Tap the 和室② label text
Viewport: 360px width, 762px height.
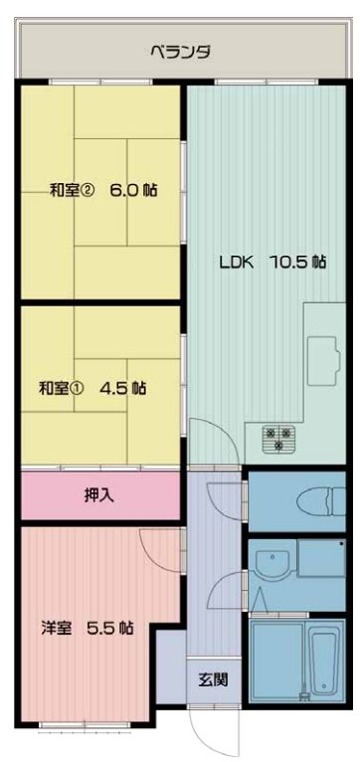(73, 190)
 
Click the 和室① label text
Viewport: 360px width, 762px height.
(63, 388)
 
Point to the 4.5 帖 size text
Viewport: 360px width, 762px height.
(122, 388)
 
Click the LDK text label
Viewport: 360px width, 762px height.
(237, 263)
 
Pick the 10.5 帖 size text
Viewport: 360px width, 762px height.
(298, 263)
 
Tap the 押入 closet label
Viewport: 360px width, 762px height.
(97, 495)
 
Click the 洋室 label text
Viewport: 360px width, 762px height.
(57, 628)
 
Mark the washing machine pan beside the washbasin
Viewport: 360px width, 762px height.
(320, 559)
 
